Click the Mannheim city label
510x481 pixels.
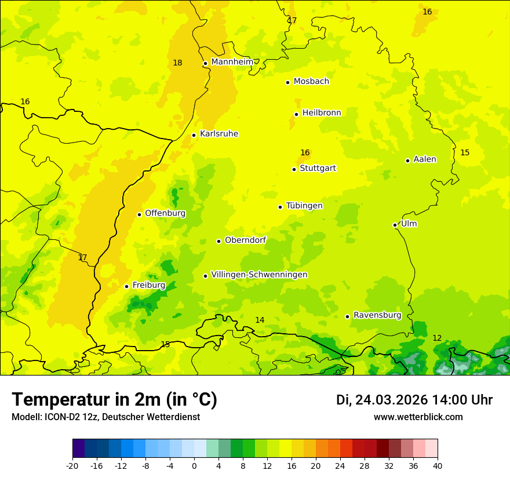tap(232, 62)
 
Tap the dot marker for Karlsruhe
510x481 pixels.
tap(194, 135)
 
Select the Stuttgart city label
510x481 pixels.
tap(318, 169)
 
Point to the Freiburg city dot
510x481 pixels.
tap(126, 286)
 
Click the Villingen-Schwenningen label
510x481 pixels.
tap(259, 275)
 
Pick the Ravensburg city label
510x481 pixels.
tap(377, 315)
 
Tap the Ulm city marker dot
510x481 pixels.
tap(395, 225)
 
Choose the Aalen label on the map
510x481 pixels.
tap(425, 159)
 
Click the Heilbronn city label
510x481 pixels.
tap(322, 113)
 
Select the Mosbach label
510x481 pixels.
tap(311, 82)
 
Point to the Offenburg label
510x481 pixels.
tap(165, 213)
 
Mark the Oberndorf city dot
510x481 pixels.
tap(218, 241)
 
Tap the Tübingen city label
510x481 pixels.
tap(304, 206)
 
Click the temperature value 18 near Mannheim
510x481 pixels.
tap(177, 63)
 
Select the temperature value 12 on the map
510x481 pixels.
tap(437, 338)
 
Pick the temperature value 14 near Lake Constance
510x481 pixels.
tap(260, 320)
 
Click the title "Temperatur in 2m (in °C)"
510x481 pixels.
tap(114, 400)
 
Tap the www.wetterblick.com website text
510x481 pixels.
tap(418, 417)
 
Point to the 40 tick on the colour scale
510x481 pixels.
tap(437, 465)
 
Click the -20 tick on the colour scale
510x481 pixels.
tap(72, 465)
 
